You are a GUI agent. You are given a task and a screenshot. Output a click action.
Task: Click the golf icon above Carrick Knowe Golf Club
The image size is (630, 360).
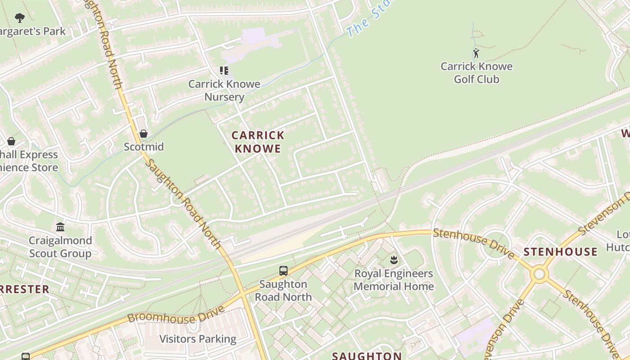476,53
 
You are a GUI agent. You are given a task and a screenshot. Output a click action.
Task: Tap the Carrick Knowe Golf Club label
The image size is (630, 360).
476,73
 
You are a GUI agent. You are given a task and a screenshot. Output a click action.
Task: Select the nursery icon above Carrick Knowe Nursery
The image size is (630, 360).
224,70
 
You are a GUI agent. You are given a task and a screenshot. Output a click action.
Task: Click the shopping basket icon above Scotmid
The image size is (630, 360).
144,134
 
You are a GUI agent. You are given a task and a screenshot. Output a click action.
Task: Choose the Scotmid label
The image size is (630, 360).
144,147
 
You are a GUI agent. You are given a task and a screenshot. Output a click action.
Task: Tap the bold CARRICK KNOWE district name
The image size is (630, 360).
258,142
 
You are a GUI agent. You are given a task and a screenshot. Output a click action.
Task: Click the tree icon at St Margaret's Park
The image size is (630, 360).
19,18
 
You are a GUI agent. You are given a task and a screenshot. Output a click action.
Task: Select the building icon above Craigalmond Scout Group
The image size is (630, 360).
60,227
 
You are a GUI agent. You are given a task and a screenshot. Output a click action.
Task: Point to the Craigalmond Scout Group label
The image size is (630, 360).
60,247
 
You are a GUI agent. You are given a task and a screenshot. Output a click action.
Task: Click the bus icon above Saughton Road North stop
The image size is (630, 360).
283,271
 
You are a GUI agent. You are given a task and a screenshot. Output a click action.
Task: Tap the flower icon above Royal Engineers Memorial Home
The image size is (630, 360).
394,260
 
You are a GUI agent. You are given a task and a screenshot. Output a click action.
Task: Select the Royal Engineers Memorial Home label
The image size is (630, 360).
394,280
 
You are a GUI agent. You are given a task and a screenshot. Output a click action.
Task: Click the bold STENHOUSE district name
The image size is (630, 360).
561,252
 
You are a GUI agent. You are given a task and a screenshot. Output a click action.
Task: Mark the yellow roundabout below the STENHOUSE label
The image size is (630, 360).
539,274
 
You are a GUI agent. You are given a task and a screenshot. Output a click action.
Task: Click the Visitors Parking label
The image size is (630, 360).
198,339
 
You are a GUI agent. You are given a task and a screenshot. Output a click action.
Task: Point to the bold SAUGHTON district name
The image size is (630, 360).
367,355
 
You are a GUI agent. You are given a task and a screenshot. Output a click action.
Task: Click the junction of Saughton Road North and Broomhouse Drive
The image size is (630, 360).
243,293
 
